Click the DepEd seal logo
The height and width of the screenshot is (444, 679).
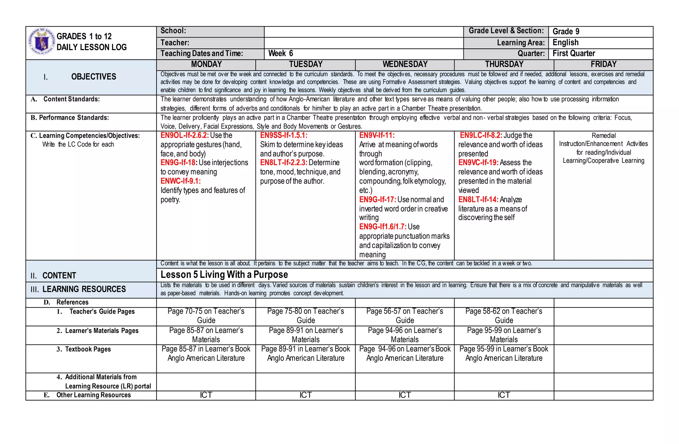pos(41,42)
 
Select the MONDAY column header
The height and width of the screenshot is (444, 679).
pos(206,64)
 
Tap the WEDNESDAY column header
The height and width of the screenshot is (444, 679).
pos(405,64)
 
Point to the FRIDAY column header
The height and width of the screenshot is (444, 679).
pos(603,64)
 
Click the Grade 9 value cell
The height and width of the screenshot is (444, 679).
pos(566,32)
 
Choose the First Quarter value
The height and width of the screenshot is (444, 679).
pos(574,53)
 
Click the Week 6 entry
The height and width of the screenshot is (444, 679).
pos(280,53)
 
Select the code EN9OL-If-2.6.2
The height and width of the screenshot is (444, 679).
pos(184,135)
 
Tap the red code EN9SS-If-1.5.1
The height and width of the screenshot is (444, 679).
pos(283,135)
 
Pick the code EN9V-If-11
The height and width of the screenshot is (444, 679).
pos(377,135)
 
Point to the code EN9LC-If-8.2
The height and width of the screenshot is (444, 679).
pos(481,135)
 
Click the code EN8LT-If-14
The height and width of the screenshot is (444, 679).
pos(478,200)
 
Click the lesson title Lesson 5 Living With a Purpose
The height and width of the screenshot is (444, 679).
pos(224,275)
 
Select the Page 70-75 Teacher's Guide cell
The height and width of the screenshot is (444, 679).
pos(206,316)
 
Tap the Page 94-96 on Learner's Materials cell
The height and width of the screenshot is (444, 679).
pos(404,335)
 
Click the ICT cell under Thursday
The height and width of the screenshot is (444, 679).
pos(504,395)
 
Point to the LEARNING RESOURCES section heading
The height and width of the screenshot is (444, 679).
pos(84,289)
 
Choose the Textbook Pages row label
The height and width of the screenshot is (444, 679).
pos(88,349)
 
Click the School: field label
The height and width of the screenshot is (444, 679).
pos(173,31)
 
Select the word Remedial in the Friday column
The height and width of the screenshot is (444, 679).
pos(603,136)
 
